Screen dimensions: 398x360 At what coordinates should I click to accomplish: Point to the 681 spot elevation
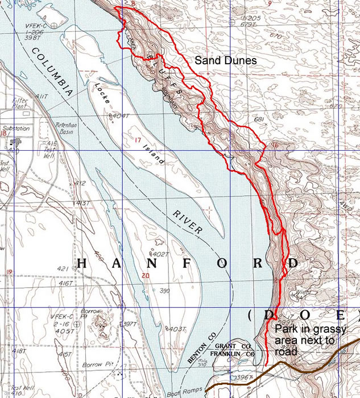tap(260, 119)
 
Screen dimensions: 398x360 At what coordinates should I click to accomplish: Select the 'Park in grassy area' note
tap(308, 340)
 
